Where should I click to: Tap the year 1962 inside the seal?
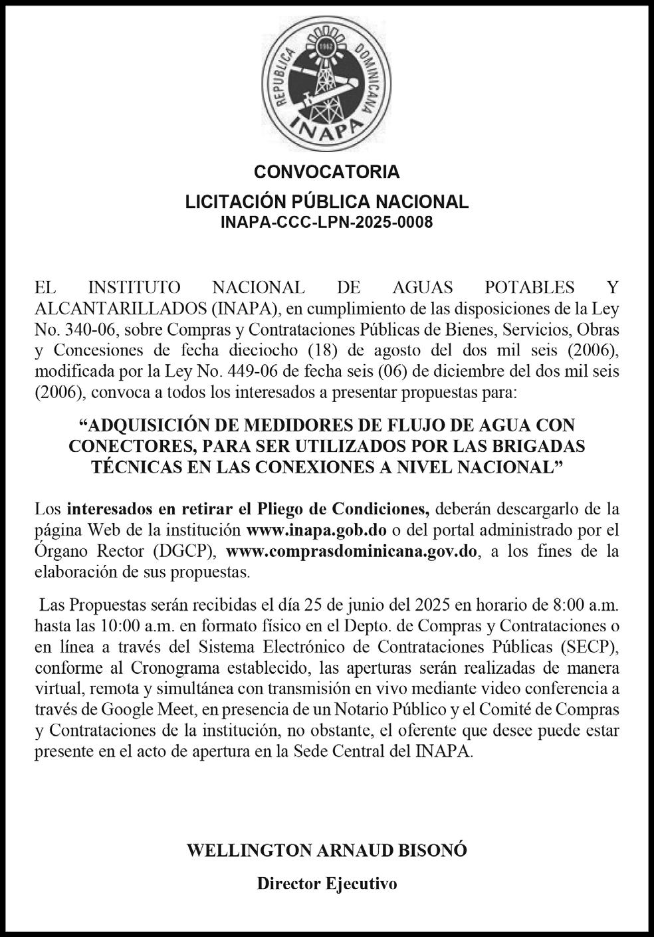pyautogui.click(x=326, y=48)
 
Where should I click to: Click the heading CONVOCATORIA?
pyautogui.click(x=326, y=171)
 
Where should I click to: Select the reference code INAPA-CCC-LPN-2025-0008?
pyautogui.click(x=326, y=223)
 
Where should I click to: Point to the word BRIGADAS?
pyautogui.click(x=534, y=444)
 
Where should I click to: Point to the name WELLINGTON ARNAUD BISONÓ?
pyautogui.click(x=326, y=850)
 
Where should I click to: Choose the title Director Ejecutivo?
pyautogui.click(x=326, y=884)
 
